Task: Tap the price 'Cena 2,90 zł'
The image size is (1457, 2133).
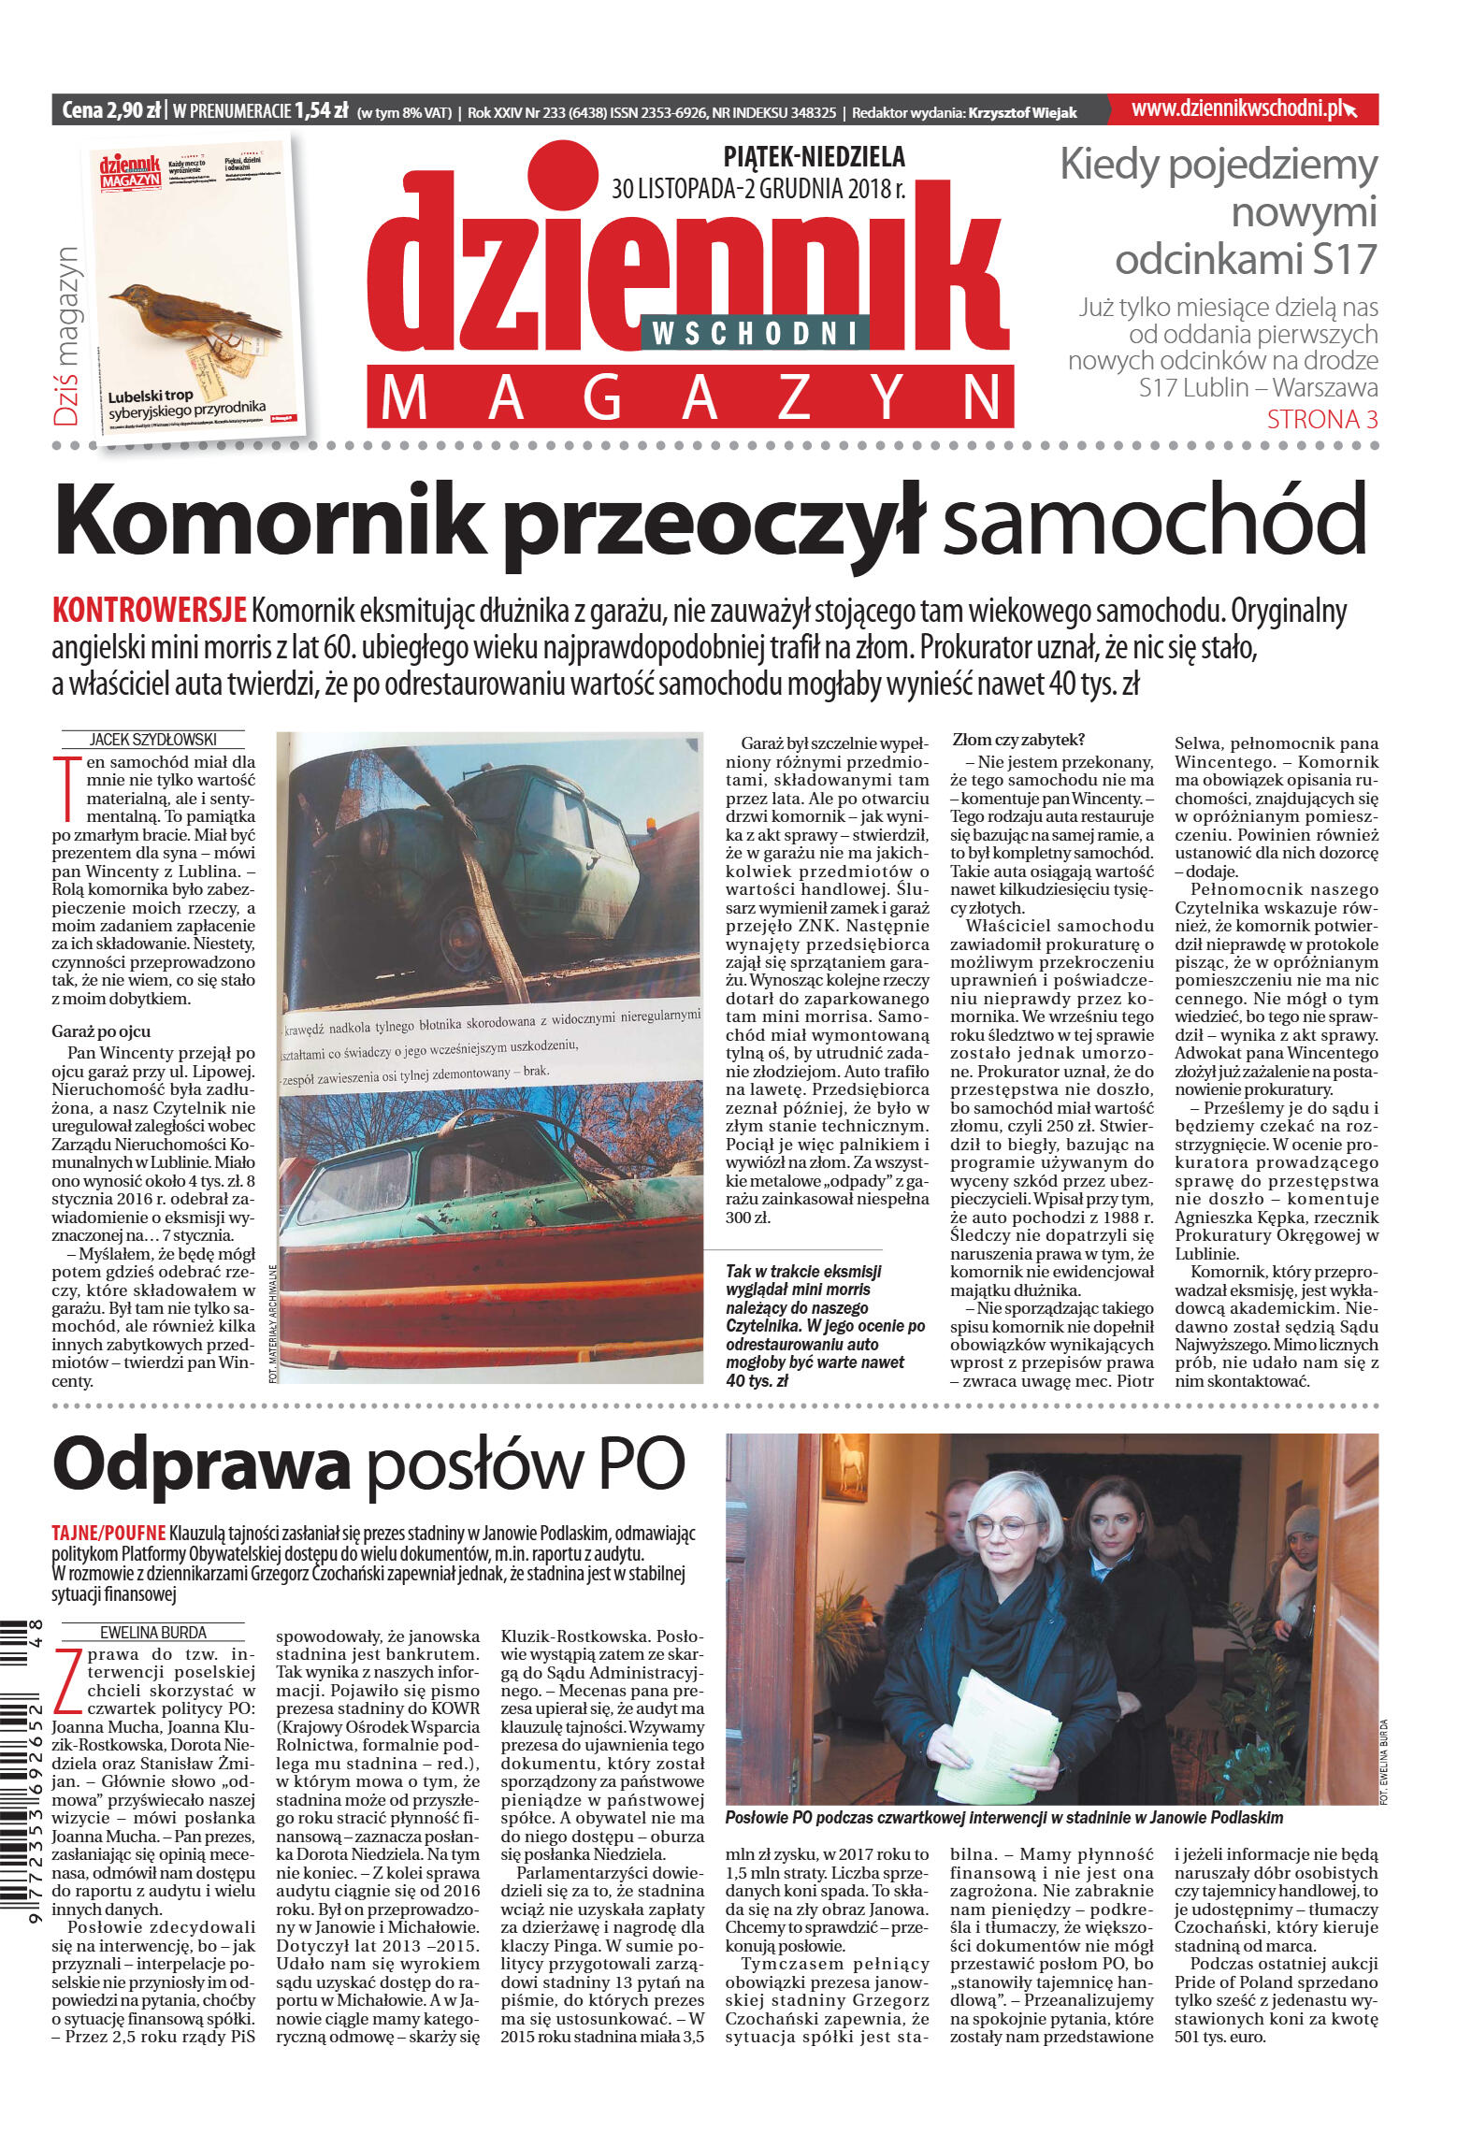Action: click(x=110, y=111)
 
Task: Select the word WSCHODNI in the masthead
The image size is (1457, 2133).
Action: click(x=754, y=332)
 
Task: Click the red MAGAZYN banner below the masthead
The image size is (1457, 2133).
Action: click(x=690, y=396)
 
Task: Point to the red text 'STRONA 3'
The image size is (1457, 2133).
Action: click(x=1321, y=420)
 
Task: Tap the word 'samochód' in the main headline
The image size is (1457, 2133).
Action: click(x=1154, y=522)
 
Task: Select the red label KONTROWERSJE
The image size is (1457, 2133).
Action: click(x=149, y=611)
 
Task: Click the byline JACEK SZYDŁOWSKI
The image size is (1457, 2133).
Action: click(x=152, y=740)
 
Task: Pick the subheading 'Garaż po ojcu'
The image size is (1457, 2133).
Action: click(x=101, y=1031)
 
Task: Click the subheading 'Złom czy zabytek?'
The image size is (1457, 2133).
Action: click(x=1017, y=740)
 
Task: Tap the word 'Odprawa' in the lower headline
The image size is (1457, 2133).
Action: click(x=201, y=1465)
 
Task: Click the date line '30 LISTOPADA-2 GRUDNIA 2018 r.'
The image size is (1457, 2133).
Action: click(x=757, y=190)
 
